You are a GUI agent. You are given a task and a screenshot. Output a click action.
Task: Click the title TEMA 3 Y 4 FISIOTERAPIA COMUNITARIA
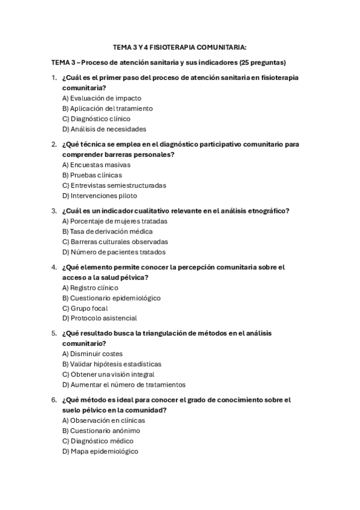coord(180,46)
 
